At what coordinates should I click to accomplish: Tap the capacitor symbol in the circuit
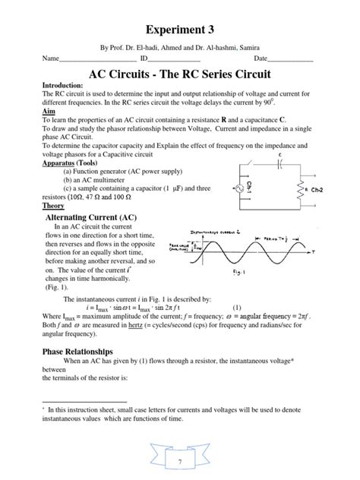pyautogui.click(x=280, y=164)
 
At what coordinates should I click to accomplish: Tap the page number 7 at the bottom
pyautogui.click(x=181, y=463)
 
